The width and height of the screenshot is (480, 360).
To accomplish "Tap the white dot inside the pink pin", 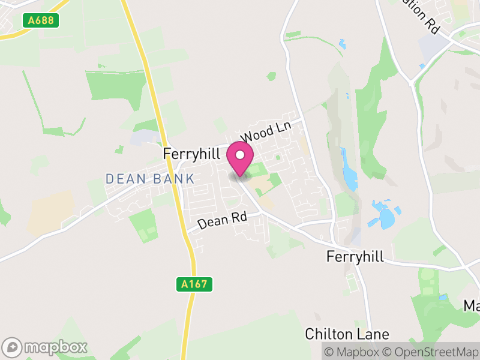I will (x=240, y=155).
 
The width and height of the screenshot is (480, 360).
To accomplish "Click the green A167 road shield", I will (x=196, y=284).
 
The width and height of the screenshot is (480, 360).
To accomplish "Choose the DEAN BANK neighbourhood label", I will (x=150, y=178).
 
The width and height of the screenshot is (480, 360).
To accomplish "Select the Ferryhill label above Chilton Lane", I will (x=355, y=256).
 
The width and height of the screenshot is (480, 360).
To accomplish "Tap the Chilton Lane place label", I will (x=347, y=334).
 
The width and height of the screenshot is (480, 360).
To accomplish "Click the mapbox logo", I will (x=46, y=347).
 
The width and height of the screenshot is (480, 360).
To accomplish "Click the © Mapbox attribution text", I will (x=353, y=351).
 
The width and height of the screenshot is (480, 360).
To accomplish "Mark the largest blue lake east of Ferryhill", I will (x=385, y=215).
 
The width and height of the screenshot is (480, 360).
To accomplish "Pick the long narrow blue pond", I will (x=349, y=171).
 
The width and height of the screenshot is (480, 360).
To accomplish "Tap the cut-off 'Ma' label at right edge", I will (x=472, y=306).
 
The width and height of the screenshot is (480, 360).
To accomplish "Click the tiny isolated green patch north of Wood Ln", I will (x=272, y=76).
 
